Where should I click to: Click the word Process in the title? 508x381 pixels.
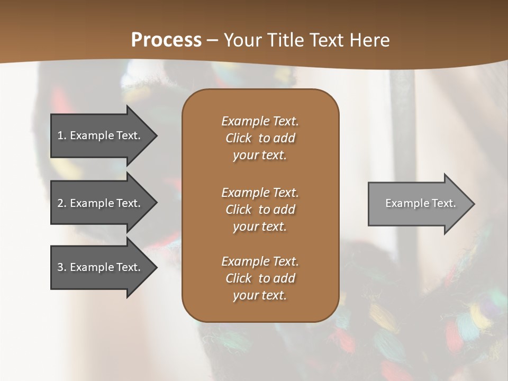coord(166,40)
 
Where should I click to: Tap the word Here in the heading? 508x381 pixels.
coord(369,40)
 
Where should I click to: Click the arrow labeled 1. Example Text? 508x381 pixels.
coord(101,135)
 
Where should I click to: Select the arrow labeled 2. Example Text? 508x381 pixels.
coord(101,203)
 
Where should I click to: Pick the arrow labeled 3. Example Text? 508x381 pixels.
coord(101,267)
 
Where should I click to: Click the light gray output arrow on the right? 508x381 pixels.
coord(418,203)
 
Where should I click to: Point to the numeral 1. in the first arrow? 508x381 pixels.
coord(61,135)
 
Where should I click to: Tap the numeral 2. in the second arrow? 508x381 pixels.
coord(61,203)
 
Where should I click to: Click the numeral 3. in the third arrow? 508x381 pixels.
coord(61,267)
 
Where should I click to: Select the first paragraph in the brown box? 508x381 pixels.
coord(260,138)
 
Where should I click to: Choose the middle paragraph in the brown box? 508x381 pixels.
coord(260,210)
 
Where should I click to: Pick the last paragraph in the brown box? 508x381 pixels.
coord(260,278)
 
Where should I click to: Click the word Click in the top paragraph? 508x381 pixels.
coord(239,138)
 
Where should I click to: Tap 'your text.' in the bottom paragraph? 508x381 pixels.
coord(260,295)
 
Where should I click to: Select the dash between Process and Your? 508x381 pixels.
coord(213,40)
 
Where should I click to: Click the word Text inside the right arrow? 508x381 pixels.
coord(444,203)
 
